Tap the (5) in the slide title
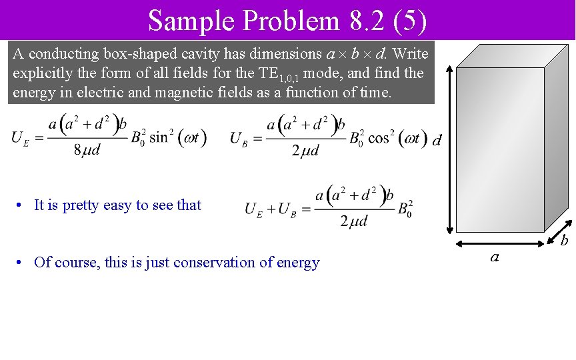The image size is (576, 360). tap(410, 21)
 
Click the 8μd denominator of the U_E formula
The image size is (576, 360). tap(86, 150)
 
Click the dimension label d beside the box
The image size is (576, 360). tap(437, 141)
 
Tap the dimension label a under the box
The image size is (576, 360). tap(494, 255)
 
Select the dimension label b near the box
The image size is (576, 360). tap(563, 239)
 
